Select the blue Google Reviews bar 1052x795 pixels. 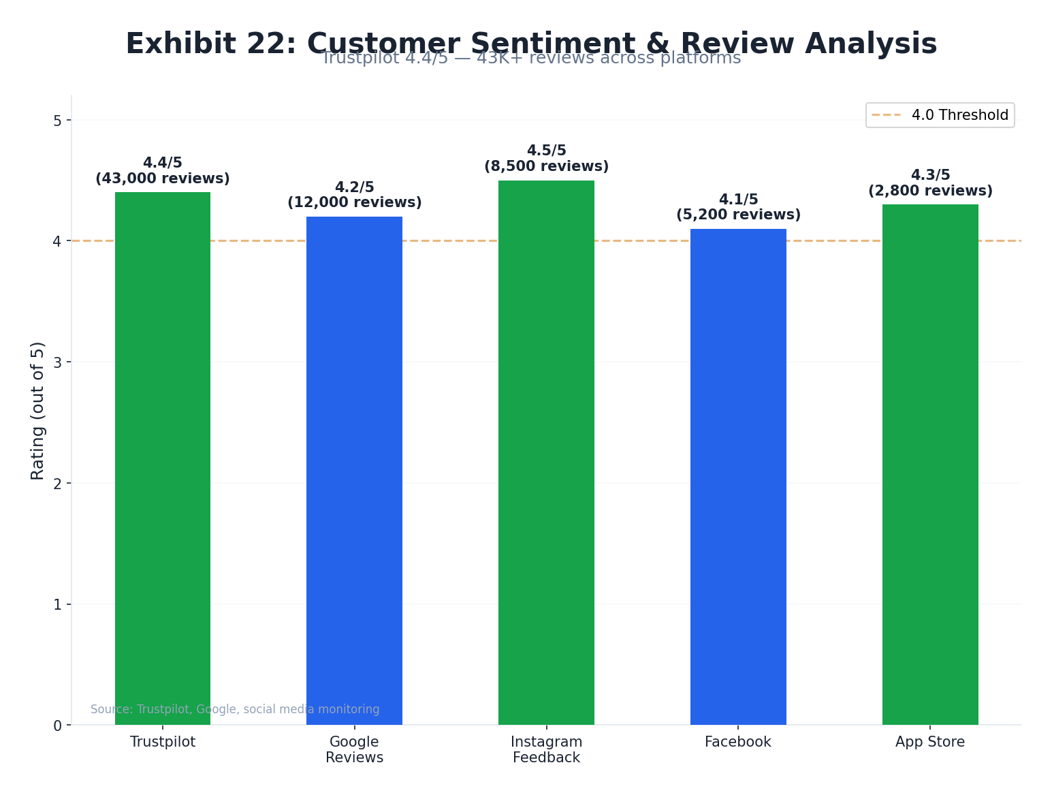[354, 470]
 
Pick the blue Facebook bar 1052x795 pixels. [738, 476]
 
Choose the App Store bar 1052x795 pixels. [930, 464]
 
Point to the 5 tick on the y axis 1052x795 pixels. [57, 121]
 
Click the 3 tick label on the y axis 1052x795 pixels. [57, 362]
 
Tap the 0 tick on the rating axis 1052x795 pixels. [57, 726]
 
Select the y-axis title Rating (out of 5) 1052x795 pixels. [38, 410]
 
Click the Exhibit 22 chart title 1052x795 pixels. [531, 44]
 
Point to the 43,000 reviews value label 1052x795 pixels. [163, 179]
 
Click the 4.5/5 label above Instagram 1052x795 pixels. [546, 151]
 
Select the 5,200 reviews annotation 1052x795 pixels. [738, 215]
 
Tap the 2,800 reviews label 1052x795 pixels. [930, 191]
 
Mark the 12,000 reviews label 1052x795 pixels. [354, 203]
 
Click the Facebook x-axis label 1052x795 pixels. [738, 742]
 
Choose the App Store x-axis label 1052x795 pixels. [930, 742]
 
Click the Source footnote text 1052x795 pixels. [235, 709]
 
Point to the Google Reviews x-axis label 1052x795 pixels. [354, 749]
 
